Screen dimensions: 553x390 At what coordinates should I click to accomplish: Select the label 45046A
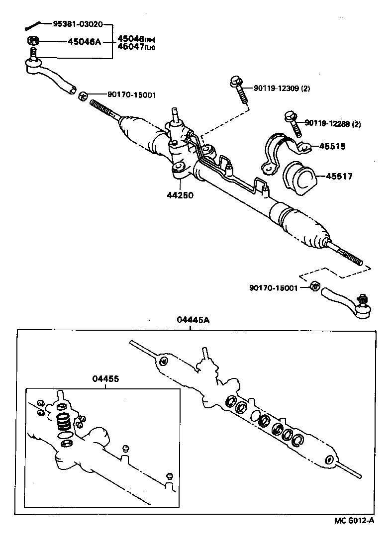click(84, 41)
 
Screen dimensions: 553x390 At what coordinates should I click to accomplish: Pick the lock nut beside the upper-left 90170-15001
click(84, 94)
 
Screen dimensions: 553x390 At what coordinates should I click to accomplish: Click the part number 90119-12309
click(276, 89)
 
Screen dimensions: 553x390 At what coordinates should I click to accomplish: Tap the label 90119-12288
click(327, 123)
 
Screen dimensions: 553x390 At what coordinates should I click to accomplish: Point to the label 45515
click(332, 147)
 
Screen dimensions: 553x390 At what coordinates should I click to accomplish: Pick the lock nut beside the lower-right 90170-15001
click(314, 286)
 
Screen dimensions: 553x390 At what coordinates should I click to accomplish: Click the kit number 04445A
click(193, 320)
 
